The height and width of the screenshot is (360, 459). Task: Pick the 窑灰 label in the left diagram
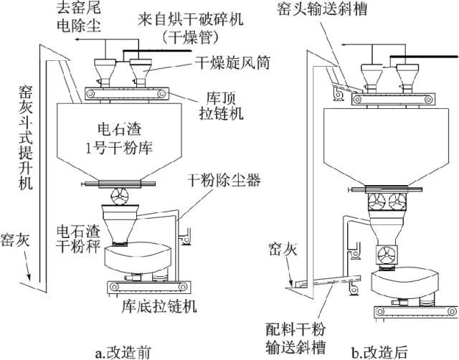point(15,238)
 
